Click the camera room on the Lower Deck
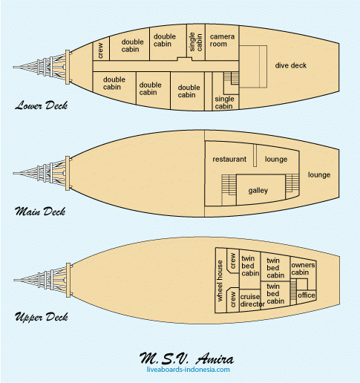[x=222, y=42]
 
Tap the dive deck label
[x=291, y=65]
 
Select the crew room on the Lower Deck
[x=101, y=48]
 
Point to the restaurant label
[x=229, y=159]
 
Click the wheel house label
[x=220, y=281]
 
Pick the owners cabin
[x=303, y=269]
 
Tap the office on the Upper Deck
[x=307, y=296]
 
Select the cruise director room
[x=250, y=300]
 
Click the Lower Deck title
[x=41, y=105]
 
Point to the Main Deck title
[x=40, y=212]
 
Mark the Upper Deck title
[x=41, y=317]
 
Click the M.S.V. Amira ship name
[x=186, y=359]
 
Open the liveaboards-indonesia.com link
[x=188, y=370]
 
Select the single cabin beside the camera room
[x=196, y=42]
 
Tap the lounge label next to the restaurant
[x=276, y=159]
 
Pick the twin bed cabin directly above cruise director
[x=250, y=269]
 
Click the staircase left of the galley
[x=229, y=185]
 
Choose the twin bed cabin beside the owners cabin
[x=275, y=267]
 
